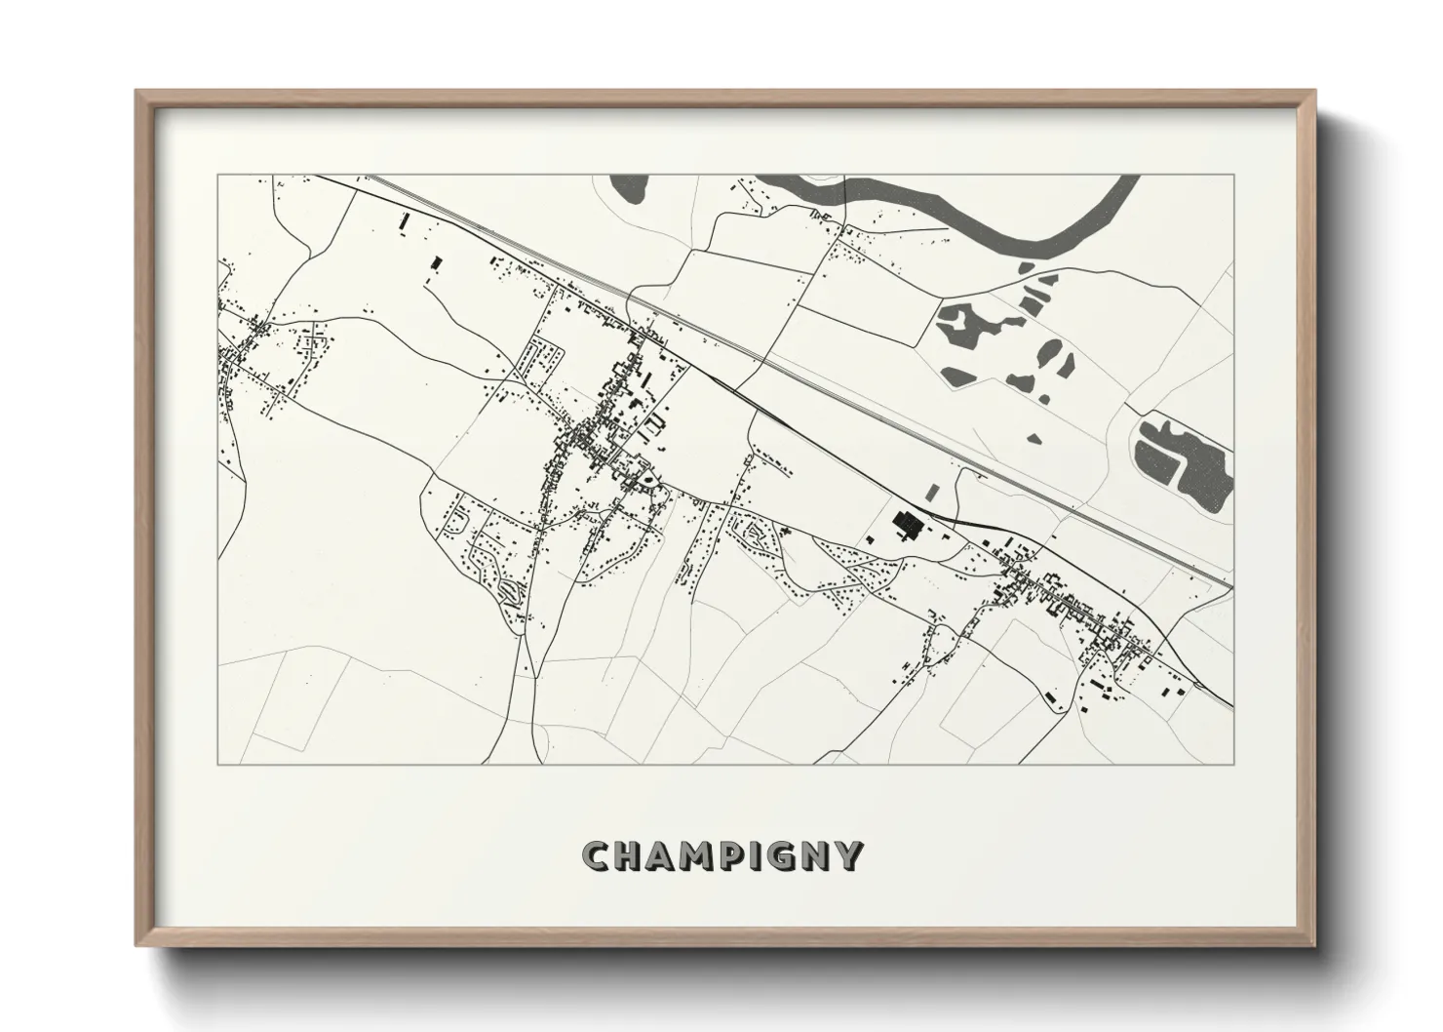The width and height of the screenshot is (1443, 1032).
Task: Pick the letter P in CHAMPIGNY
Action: [x=737, y=856]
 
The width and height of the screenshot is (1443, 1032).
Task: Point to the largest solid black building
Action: [x=908, y=527]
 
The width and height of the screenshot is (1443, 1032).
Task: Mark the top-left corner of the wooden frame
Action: [x=136, y=91]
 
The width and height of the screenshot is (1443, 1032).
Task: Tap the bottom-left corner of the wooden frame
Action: [x=136, y=946]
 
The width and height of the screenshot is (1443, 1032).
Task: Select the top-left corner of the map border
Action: [x=217, y=176]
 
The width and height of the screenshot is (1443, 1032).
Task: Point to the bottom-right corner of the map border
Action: [x=1234, y=765]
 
